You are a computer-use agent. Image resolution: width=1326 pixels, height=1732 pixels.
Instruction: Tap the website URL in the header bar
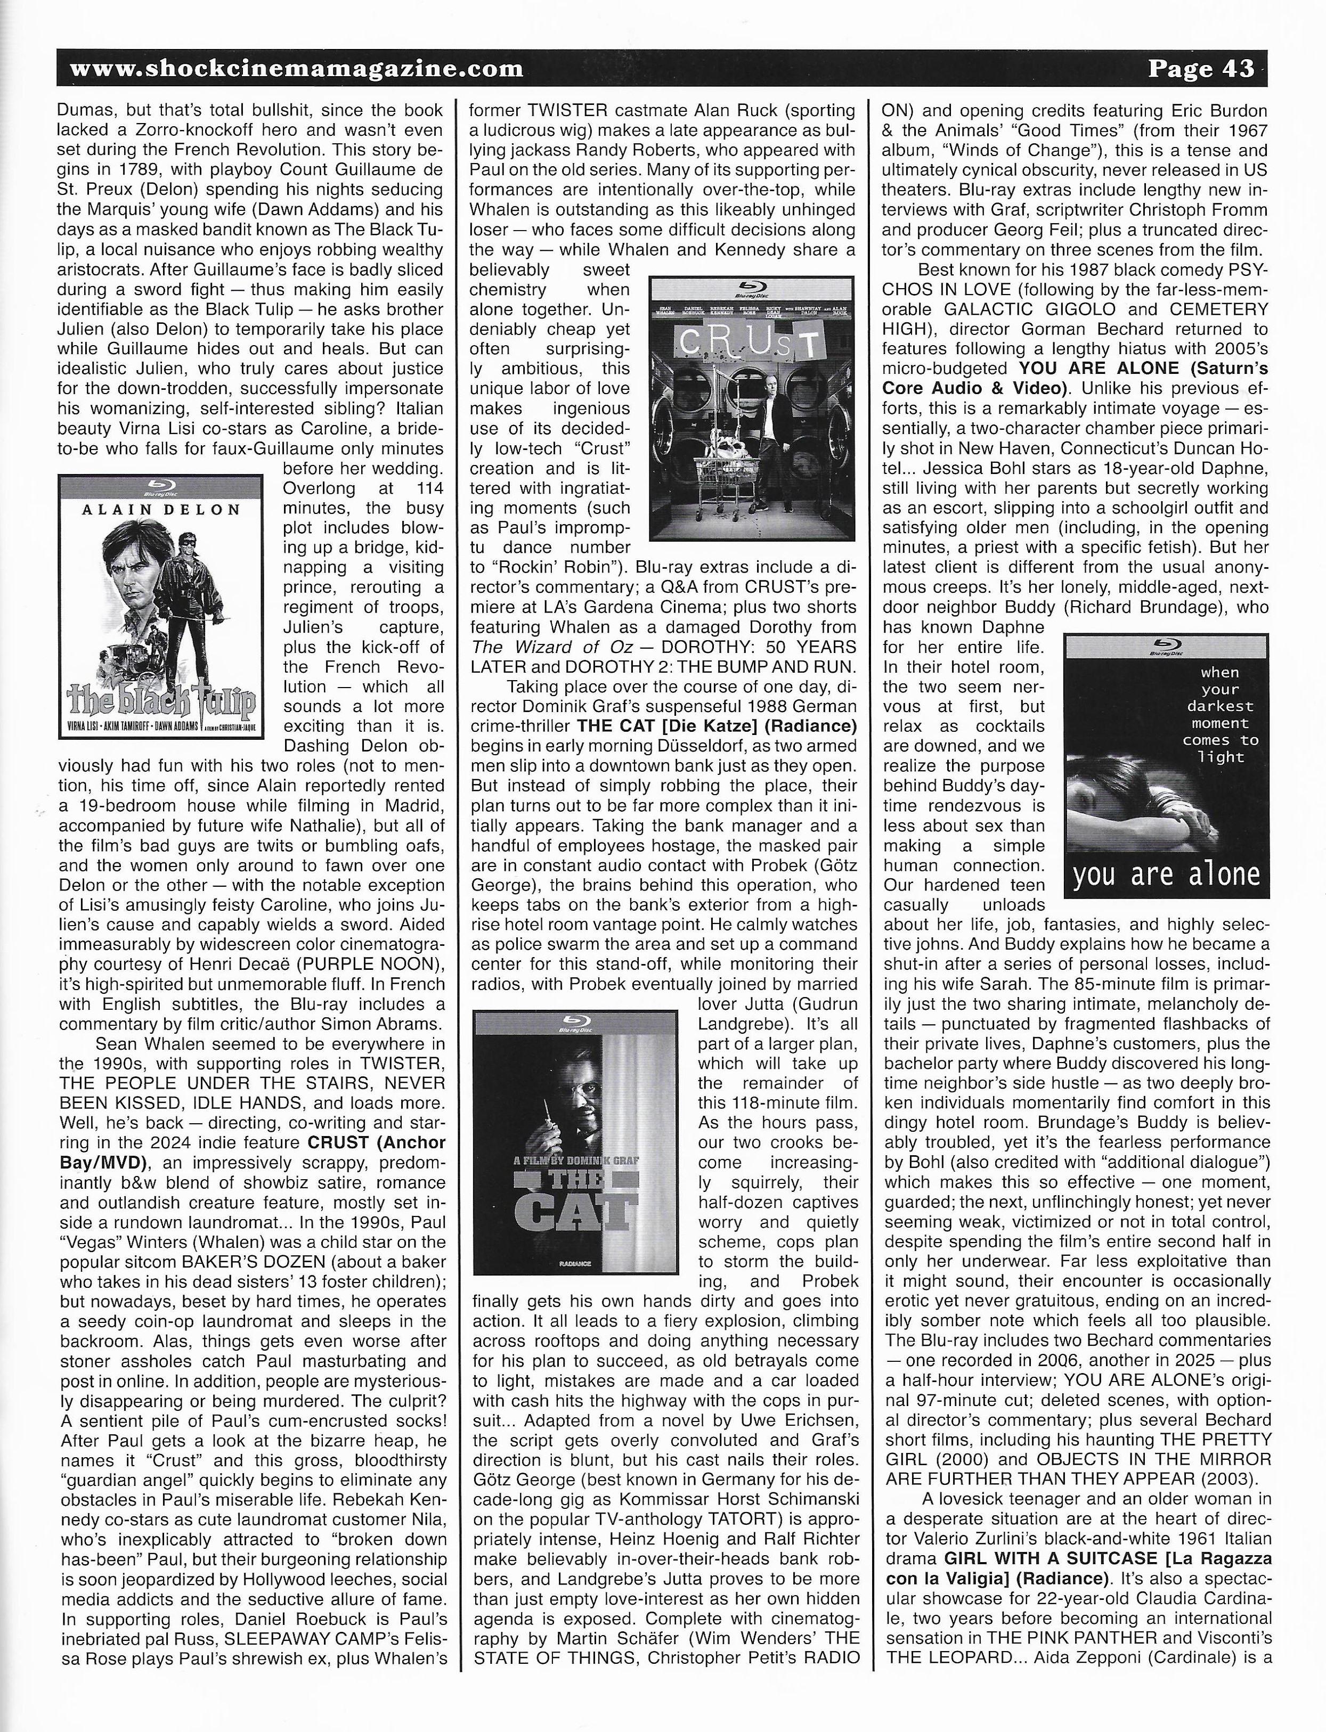click(297, 69)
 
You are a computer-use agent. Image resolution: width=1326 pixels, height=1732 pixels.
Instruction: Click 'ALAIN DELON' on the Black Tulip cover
click(161, 510)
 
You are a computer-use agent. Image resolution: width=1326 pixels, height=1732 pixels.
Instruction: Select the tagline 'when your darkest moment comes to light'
click(1220, 715)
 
